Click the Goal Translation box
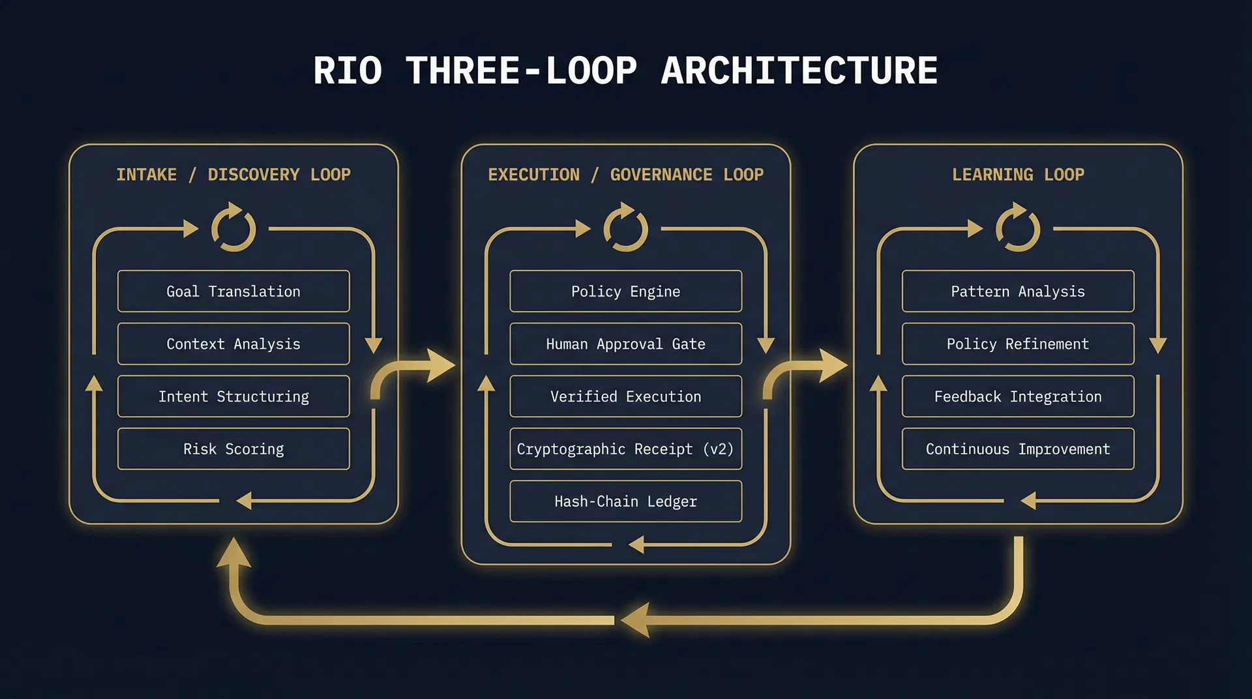click(233, 291)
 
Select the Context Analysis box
click(233, 344)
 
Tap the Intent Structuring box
click(233, 396)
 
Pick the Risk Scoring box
click(233, 449)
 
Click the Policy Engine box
click(625, 291)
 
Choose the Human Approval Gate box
click(625, 344)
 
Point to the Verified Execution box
click(625, 396)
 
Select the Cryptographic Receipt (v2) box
click(625, 449)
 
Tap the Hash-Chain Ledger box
click(625, 501)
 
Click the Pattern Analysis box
click(1017, 291)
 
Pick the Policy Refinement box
click(1017, 344)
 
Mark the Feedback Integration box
click(1017, 396)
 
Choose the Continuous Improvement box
click(1017, 449)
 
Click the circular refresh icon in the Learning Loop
click(1017, 228)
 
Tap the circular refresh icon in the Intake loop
click(233, 228)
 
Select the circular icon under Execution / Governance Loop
click(625, 228)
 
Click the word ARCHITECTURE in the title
click(799, 70)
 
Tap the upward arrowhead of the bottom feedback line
click(233, 553)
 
